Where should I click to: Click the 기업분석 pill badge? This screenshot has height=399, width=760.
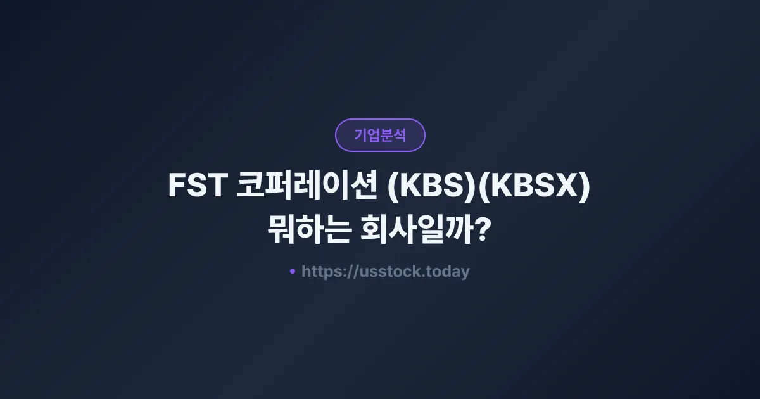380,135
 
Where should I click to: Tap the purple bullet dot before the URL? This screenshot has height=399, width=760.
293,271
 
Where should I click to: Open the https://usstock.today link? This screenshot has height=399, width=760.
385,272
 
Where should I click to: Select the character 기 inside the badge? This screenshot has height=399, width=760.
360,135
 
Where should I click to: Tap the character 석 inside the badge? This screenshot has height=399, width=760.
400,135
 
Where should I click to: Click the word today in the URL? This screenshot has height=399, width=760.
448,272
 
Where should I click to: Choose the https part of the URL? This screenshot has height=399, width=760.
323,272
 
